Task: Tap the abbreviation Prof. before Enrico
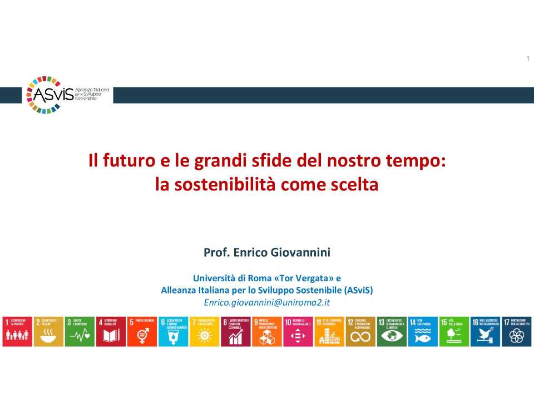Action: tap(215, 252)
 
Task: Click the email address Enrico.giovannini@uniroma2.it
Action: tap(267, 302)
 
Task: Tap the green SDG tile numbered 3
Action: tap(80, 331)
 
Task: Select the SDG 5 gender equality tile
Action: tap(142, 331)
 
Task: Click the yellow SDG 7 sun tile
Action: tap(205, 331)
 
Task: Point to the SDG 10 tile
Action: tap(298, 331)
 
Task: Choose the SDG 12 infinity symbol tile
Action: tap(360, 331)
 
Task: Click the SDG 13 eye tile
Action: tap(392, 331)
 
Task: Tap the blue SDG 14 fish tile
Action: tap(423, 331)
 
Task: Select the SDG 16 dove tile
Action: tap(486, 331)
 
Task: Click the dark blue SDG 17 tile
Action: tap(517, 331)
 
